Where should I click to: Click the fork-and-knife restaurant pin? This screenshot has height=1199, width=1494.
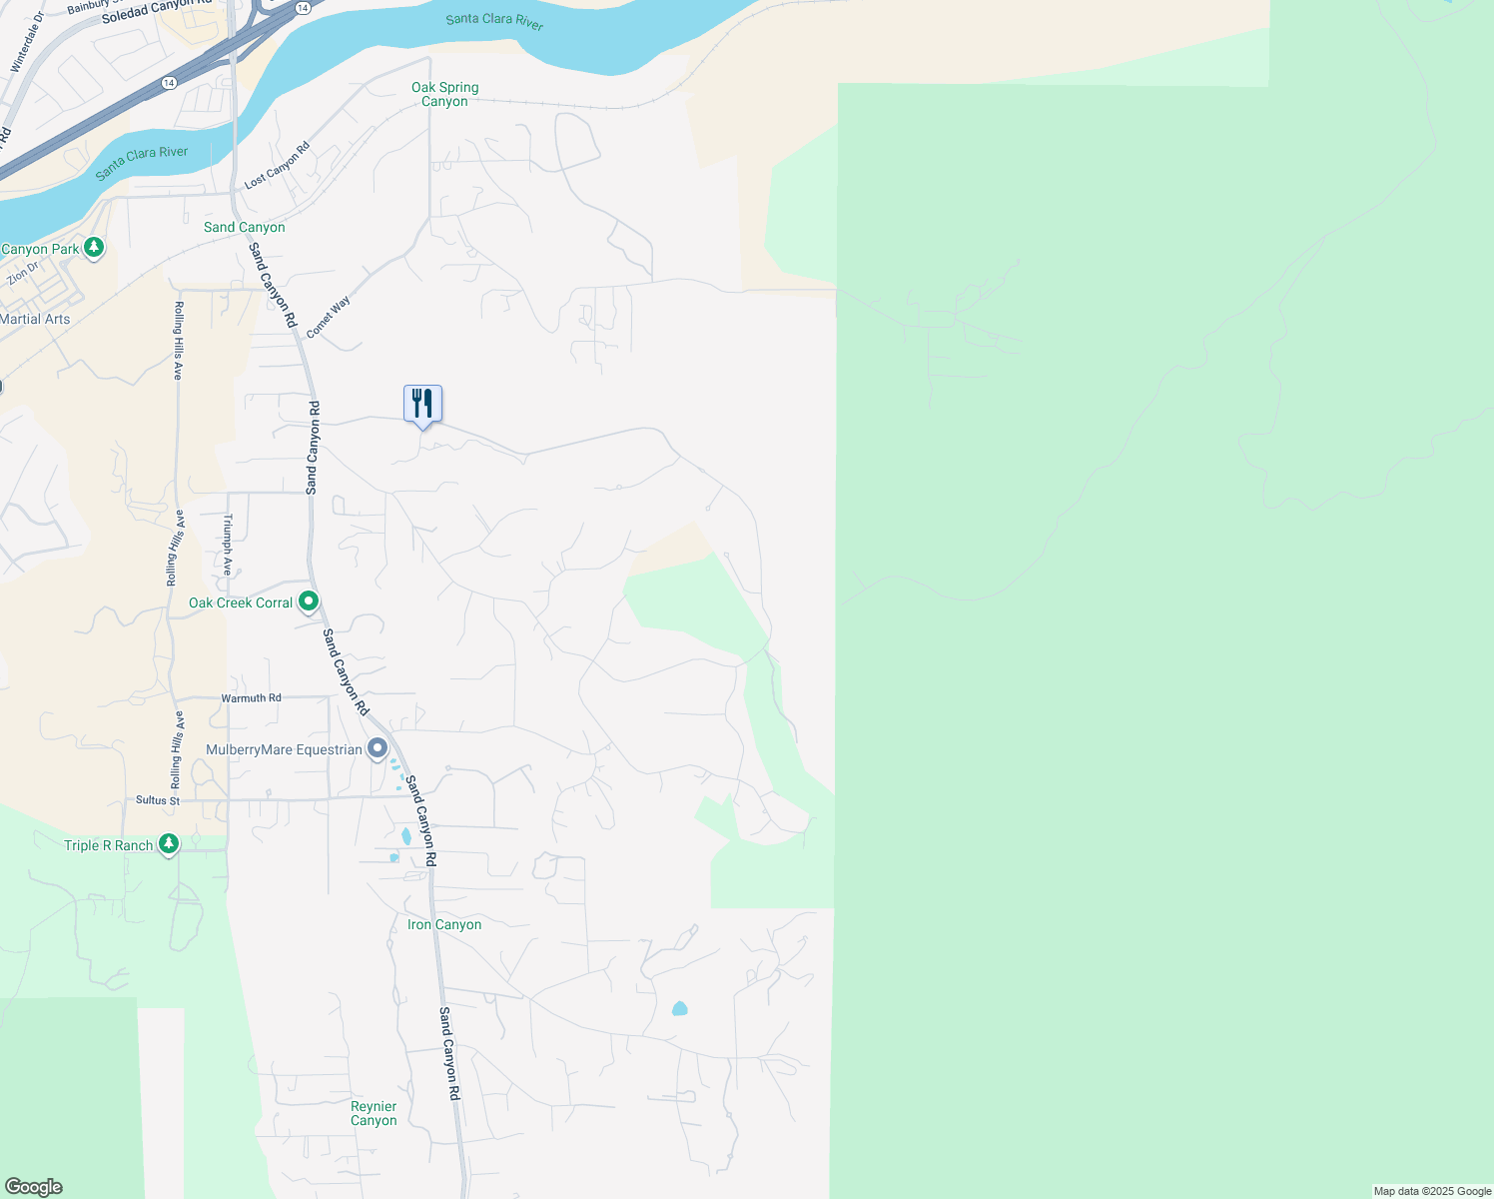coord(422,405)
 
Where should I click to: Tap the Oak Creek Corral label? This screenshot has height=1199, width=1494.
coord(241,602)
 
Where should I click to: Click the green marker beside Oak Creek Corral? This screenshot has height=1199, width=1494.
coord(309,601)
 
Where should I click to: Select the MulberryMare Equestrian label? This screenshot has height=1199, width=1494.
coord(284,749)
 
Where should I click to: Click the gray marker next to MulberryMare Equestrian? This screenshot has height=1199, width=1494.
coord(377,748)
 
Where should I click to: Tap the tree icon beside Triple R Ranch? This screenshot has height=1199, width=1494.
coord(169,845)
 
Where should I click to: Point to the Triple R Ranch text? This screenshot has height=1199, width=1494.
coord(108,845)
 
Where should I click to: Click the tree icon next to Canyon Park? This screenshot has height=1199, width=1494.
coord(94,247)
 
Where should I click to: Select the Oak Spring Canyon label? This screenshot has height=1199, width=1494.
coord(444,94)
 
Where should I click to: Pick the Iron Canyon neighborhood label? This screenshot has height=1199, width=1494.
coord(444,924)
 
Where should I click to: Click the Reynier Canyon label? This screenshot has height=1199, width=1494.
coord(373,1113)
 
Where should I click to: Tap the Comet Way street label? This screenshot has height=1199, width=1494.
coord(328,317)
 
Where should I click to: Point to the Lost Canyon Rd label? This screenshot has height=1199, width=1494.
coord(277,166)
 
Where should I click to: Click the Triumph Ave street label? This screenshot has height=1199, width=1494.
coord(228,545)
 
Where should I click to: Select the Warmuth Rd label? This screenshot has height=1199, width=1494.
coord(251,698)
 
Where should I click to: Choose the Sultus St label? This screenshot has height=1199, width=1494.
coord(158,800)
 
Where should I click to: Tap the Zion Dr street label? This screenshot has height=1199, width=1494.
coord(23,273)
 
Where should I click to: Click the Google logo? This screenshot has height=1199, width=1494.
coord(33,1187)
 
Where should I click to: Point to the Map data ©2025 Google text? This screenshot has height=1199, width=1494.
coord(1432,1191)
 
